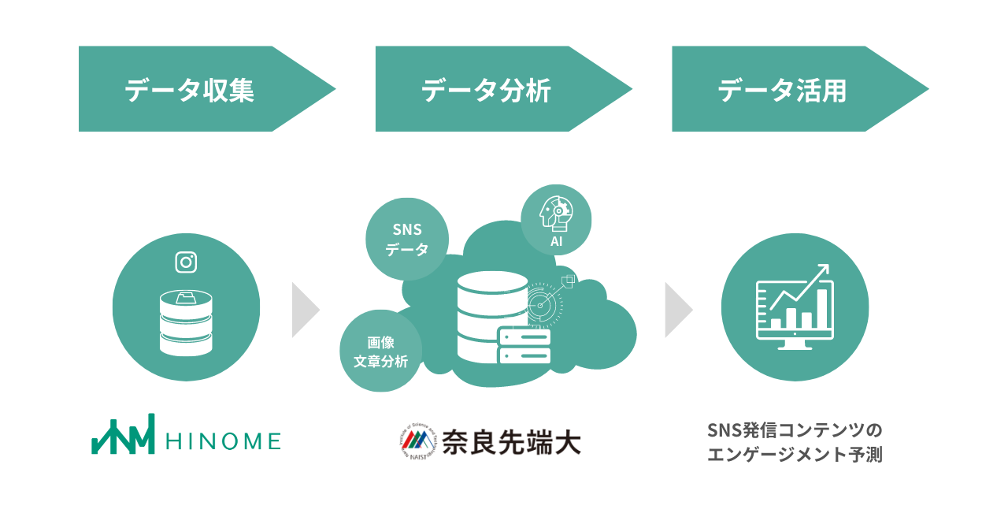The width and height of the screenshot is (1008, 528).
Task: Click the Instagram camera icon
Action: (186, 262)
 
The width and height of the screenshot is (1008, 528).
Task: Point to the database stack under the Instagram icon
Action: (186, 322)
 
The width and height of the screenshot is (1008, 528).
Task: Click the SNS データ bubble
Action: (407, 239)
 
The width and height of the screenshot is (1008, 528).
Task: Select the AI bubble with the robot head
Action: (556, 220)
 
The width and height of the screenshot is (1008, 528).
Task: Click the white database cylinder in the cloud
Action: (492, 315)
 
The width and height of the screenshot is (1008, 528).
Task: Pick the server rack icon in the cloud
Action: (524, 346)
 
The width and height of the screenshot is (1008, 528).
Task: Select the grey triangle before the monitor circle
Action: (677, 310)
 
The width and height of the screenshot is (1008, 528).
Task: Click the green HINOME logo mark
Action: (123, 436)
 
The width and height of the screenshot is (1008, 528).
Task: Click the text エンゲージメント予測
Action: (795, 455)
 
